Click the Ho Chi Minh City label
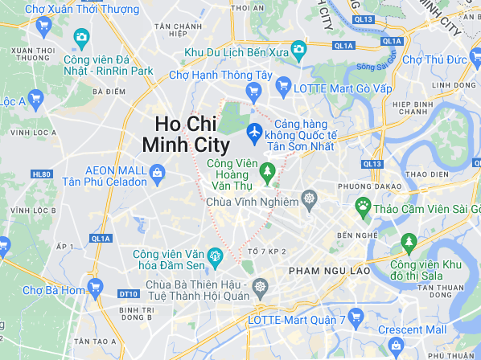pyautogui.click(x=185, y=134)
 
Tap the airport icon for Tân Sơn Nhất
pyautogui.click(x=255, y=129)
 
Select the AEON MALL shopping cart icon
pyautogui.click(x=158, y=171)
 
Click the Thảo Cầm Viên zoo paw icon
pyautogui.click(x=364, y=207)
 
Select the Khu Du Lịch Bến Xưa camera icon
pyautogui.click(x=298, y=51)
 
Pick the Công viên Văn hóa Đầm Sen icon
pyautogui.click(x=216, y=257)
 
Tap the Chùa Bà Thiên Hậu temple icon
pyautogui.click(x=260, y=286)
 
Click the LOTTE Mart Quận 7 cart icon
pyautogui.click(x=359, y=315)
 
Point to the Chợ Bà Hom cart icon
pyautogui.click(x=96, y=286)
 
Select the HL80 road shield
pyautogui.click(x=41, y=174)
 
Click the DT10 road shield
pyautogui.click(x=127, y=294)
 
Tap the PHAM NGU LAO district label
pyautogui.click(x=329, y=271)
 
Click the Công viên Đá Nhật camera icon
pyautogui.click(x=80, y=37)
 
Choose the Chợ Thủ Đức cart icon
pyautogui.click(x=393, y=59)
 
